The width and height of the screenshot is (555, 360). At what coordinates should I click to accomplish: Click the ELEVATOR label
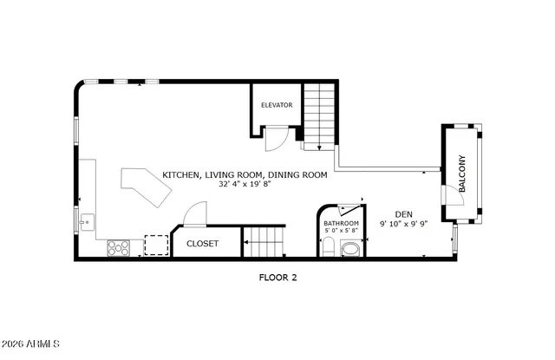coord(277,105)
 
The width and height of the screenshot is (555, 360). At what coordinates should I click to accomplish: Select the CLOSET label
coord(202,244)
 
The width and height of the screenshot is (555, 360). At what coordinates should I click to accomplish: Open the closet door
coord(195,214)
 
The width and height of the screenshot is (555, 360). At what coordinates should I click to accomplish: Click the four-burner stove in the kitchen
coord(118,247)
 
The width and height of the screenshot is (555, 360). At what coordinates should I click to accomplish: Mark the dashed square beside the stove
coord(155,246)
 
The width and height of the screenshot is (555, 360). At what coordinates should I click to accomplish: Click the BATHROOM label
coord(341,223)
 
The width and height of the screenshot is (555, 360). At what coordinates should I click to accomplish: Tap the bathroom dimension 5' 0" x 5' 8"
coord(341,231)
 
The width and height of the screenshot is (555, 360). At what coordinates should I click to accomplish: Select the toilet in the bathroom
coord(327,249)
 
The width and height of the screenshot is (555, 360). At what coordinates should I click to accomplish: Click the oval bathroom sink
coord(351,250)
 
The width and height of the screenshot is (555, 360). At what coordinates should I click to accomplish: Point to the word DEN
coord(403,214)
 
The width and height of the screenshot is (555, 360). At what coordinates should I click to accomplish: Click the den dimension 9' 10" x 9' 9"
coord(403,225)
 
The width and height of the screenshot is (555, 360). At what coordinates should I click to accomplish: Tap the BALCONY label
coord(463,173)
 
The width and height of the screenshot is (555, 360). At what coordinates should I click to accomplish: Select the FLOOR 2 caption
coord(277,278)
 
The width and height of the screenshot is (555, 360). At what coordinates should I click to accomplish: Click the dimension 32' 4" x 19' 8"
coord(245,185)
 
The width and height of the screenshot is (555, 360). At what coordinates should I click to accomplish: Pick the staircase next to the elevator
coord(319,116)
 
